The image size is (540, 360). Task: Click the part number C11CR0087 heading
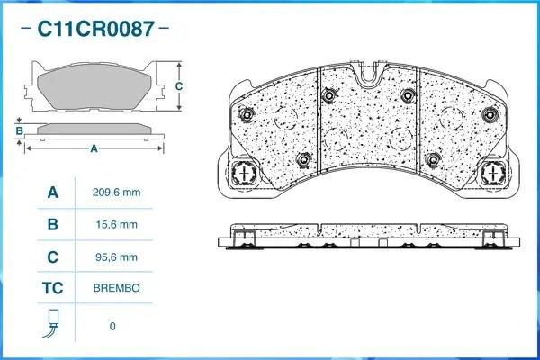tap(95, 29)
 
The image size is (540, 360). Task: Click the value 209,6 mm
tap(116, 193)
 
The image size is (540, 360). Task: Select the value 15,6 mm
tap(117, 225)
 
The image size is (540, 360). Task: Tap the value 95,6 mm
tap(116, 257)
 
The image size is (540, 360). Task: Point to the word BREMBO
tap(116, 288)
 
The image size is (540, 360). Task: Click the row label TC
tap(53, 288)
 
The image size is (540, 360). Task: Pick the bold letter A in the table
tap(53, 193)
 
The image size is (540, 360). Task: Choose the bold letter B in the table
tap(53, 225)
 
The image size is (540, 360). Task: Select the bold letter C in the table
tap(53, 257)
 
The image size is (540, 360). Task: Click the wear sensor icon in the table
tap(51, 323)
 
